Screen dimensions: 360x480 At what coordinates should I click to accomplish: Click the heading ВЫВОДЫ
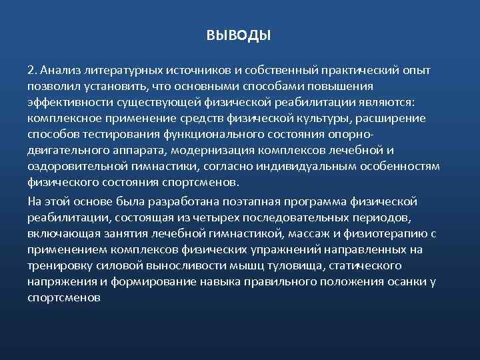pos(239,35)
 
